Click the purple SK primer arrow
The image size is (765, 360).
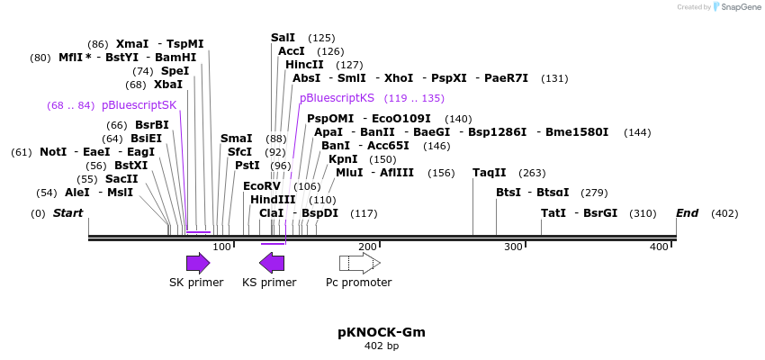coord(197,263)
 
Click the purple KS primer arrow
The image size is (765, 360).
coord(272,263)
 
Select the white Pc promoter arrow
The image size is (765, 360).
coord(359,263)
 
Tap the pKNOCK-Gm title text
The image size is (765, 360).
coord(382,332)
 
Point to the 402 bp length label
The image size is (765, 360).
coord(382,346)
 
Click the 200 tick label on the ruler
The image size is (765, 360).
coord(367,247)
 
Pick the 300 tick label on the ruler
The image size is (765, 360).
coord(513,247)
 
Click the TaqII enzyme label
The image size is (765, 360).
coord(490,173)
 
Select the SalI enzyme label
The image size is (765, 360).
coord(283,38)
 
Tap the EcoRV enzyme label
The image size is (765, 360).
coord(262,186)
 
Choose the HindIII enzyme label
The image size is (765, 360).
coord(273,200)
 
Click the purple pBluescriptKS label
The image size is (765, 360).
coord(337,98)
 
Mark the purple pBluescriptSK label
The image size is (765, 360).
coord(139,105)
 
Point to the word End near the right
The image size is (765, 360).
coord(688,213)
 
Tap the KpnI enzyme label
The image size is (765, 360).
coord(343,159)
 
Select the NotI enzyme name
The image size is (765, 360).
coord(53,152)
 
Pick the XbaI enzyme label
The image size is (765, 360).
coord(167,85)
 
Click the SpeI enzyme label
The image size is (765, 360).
coord(175,71)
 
